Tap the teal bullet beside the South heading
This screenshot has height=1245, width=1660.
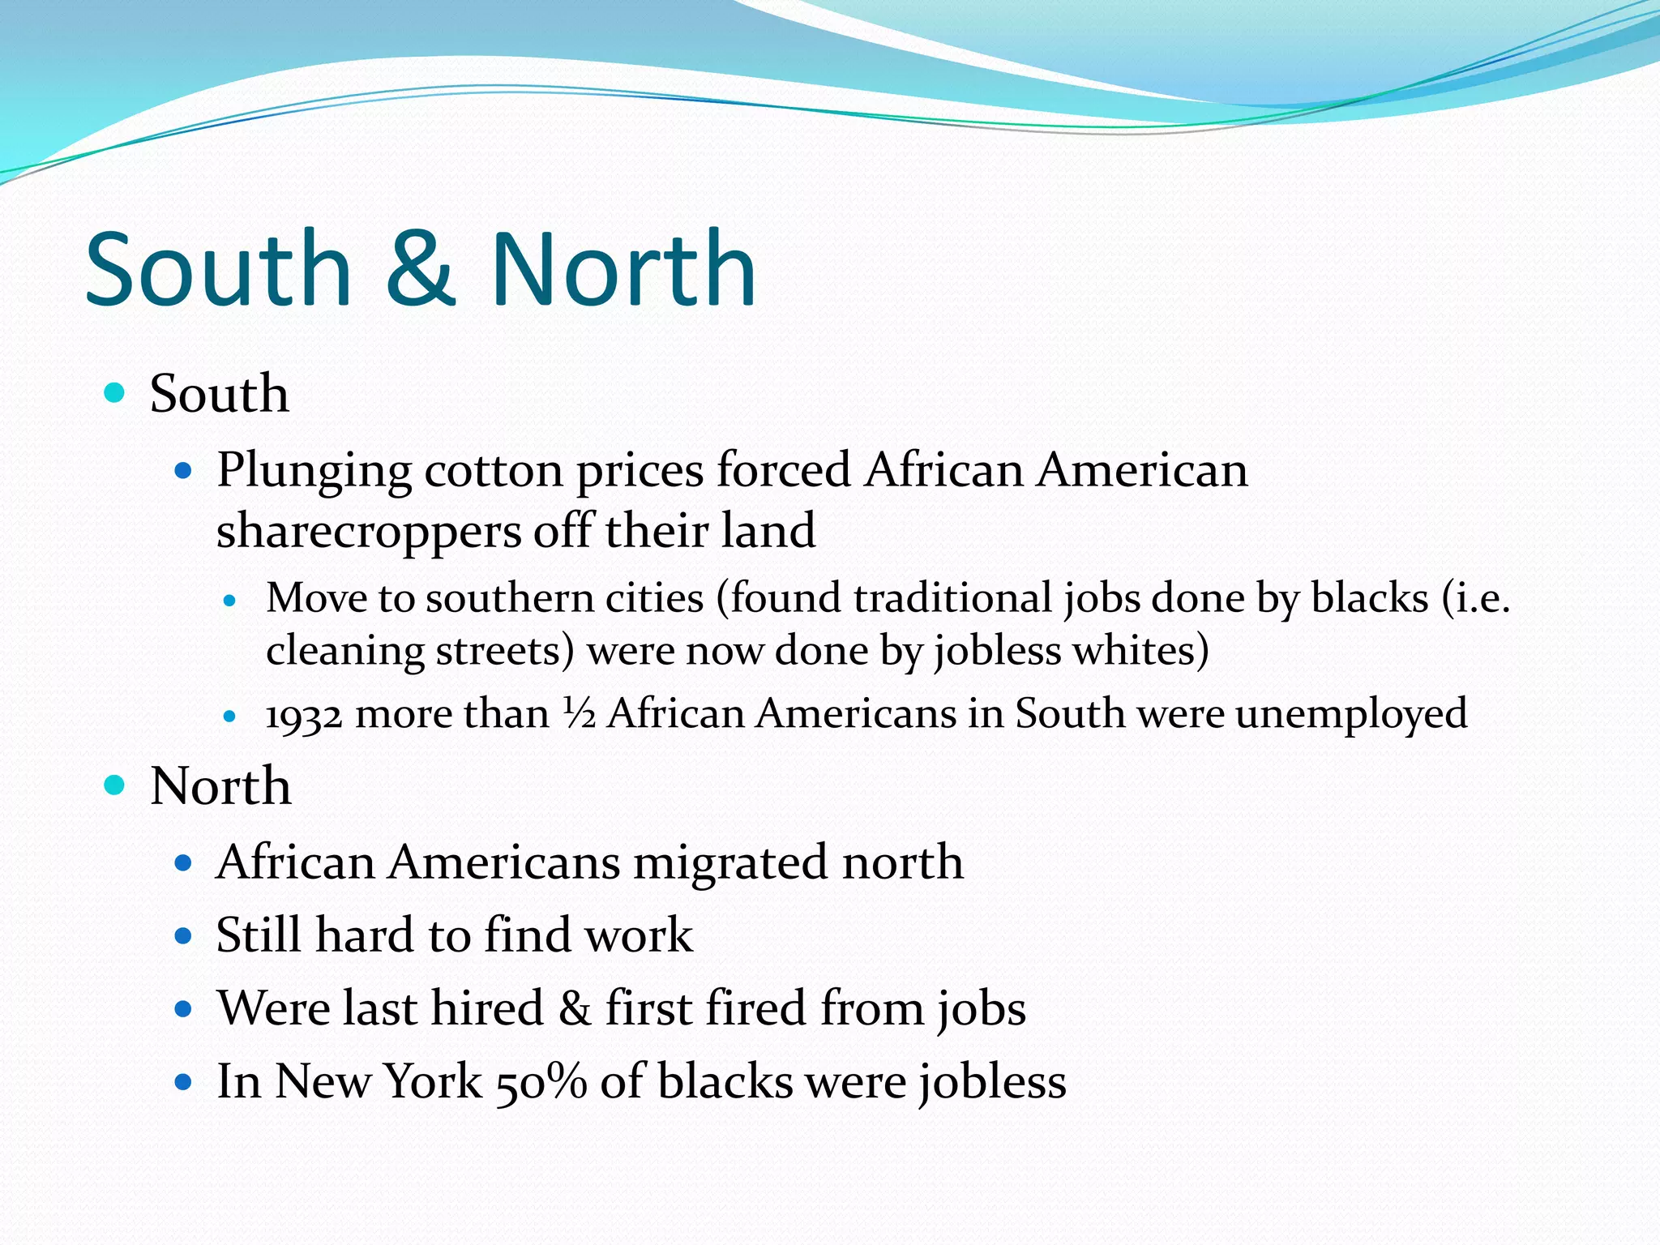(x=115, y=393)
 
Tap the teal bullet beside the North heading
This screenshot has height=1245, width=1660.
(x=115, y=785)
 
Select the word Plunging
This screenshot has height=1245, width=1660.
(x=314, y=471)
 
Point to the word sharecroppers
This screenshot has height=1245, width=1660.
(x=369, y=532)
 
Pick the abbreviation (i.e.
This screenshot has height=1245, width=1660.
(x=1475, y=598)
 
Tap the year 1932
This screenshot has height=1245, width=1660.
(x=304, y=715)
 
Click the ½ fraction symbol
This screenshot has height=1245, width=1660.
(x=580, y=713)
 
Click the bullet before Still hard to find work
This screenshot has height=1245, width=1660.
(x=183, y=936)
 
